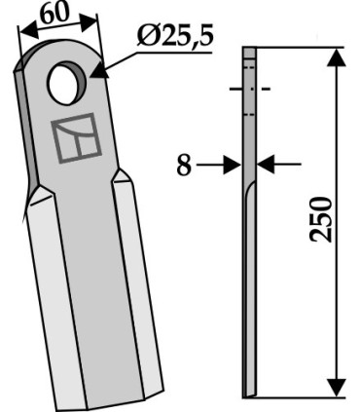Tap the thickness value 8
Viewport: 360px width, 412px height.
pos(183,166)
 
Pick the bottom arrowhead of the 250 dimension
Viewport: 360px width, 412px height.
pos(336,387)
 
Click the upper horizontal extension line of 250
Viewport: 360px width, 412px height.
pos(302,48)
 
